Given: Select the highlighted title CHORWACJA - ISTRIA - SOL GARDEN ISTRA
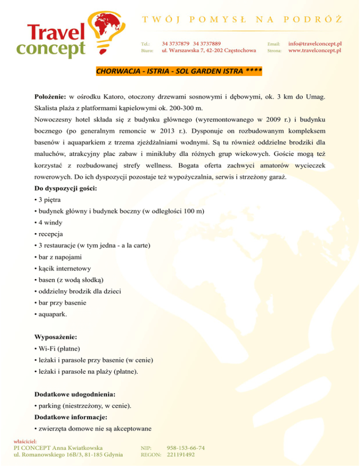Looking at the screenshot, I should [x=179, y=72].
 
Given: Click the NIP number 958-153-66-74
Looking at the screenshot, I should [x=185, y=447].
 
